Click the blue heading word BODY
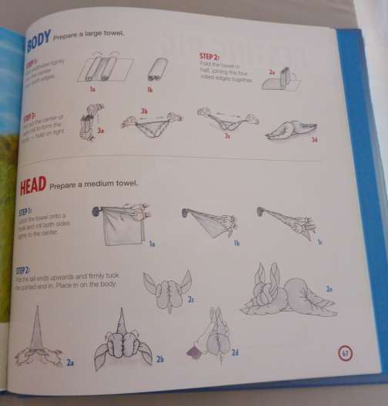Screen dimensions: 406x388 [38, 38]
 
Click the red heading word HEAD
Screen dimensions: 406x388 [32, 185]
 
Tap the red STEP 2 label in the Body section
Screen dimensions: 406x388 [209, 57]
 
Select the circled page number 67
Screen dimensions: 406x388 [346, 354]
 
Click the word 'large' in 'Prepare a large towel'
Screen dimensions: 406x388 [95, 35]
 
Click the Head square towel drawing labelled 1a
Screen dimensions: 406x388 [122, 222]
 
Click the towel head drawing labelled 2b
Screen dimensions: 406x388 [124, 339]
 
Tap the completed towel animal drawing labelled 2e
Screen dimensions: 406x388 [289, 292]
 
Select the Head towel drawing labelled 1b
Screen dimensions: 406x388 [208, 221]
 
